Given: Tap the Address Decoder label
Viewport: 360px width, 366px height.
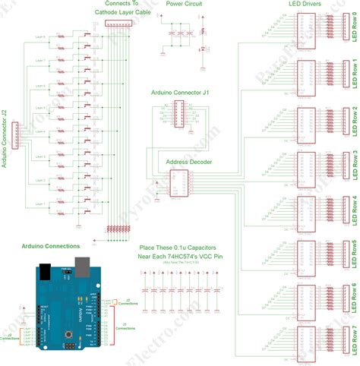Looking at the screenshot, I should (188, 162).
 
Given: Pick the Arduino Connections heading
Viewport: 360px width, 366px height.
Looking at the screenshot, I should (51, 247).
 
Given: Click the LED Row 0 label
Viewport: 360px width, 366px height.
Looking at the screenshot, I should (355, 30).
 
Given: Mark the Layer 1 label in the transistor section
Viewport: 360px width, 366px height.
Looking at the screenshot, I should (40, 204).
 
